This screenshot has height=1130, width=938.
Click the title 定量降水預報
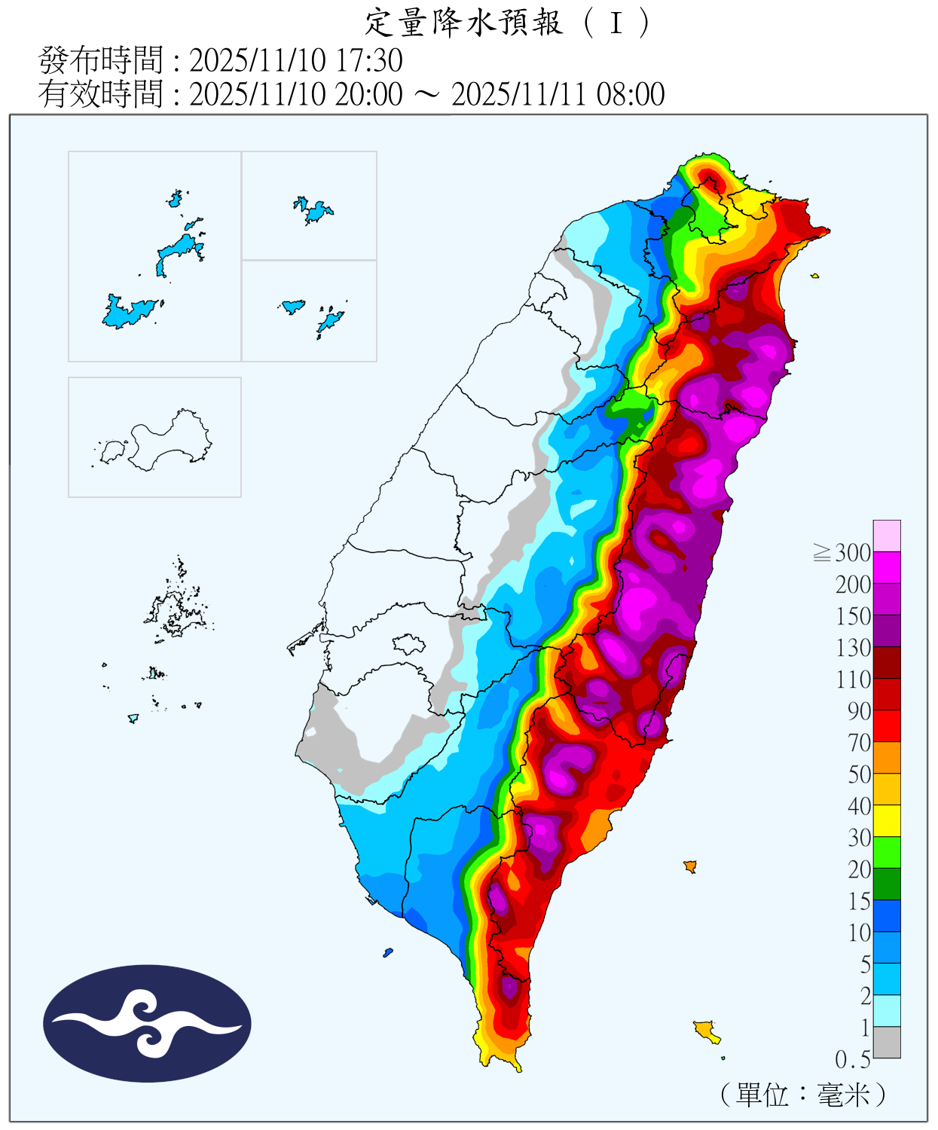(463, 23)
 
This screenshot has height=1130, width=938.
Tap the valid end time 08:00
(631, 95)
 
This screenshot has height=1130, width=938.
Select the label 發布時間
(100, 60)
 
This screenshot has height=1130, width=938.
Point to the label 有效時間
(100, 95)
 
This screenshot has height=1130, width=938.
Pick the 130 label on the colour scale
(853, 648)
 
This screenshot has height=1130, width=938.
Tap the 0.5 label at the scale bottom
(853, 1060)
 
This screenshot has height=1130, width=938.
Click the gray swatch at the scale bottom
(887, 1043)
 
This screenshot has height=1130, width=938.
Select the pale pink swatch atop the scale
(887, 536)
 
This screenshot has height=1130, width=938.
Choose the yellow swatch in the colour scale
(887, 821)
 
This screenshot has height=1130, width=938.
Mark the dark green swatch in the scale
(887, 884)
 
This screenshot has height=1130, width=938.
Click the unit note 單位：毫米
(803, 1094)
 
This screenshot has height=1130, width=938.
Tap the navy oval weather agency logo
(147, 1024)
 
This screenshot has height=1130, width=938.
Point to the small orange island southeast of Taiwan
(707, 1030)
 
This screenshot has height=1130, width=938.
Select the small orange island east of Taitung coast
(689, 866)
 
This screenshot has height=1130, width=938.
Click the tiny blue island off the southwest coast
(388, 952)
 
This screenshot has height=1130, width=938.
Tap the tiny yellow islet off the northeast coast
(814, 276)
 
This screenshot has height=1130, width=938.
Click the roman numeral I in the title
(616, 23)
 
